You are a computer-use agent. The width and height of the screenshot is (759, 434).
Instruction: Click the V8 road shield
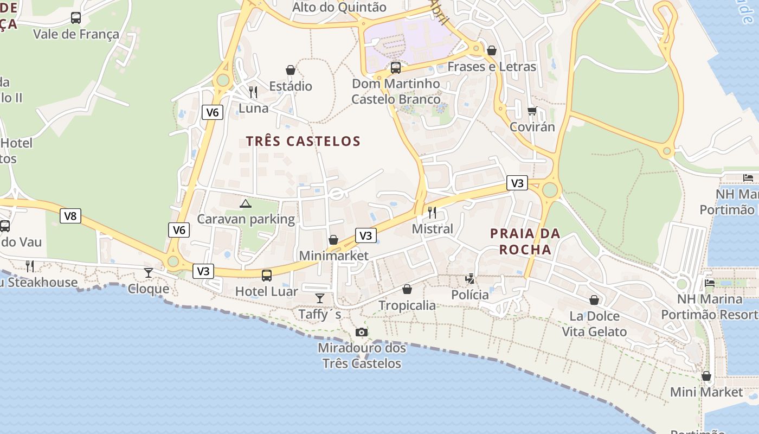click(70, 216)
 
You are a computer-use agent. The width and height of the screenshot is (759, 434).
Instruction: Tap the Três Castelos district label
click(303, 141)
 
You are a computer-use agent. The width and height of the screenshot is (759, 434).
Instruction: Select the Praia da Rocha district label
click(525, 241)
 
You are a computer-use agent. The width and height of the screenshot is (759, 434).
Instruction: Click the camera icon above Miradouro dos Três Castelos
click(362, 332)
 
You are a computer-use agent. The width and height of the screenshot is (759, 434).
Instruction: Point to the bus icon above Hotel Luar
click(267, 275)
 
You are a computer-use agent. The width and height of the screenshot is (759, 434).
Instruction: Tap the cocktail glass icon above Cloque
click(149, 272)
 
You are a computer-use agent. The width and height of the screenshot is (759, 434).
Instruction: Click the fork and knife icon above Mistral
click(432, 212)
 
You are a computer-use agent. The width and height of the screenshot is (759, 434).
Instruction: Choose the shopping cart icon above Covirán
click(532, 111)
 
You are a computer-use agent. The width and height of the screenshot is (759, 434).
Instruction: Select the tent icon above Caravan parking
click(246, 203)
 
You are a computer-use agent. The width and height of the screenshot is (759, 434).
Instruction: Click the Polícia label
click(470, 295)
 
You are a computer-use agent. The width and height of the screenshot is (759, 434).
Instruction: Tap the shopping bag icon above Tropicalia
click(407, 289)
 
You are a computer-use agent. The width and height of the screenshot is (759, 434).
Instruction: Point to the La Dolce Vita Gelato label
click(594, 324)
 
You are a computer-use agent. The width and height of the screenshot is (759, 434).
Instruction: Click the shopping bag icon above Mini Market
click(706, 375)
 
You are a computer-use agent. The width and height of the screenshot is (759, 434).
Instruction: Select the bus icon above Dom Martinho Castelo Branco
click(396, 68)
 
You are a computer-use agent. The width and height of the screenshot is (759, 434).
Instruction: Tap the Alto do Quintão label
click(339, 7)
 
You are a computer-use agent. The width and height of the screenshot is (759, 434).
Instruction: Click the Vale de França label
click(76, 34)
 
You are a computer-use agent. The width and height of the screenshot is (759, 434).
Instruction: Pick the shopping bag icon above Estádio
click(291, 70)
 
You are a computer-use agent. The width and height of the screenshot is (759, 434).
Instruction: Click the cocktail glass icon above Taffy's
click(320, 298)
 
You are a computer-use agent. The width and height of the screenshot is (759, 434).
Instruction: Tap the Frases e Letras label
click(492, 67)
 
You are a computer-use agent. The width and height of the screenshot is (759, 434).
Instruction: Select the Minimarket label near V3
click(333, 256)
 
